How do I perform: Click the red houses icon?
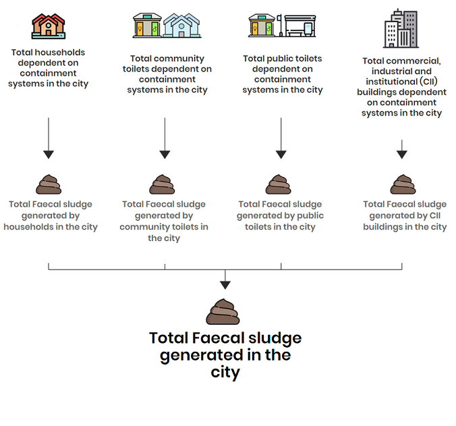(49, 26)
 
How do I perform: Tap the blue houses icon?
(181, 25)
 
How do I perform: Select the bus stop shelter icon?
(297, 26)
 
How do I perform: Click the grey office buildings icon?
(401, 28)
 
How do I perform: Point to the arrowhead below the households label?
(49, 155)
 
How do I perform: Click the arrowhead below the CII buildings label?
(402, 155)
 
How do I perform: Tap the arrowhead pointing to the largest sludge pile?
(225, 285)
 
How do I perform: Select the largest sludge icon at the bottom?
(223, 311)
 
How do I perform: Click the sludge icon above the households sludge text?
(49, 184)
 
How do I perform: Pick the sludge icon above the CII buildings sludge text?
(403, 184)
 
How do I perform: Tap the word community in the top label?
(179, 59)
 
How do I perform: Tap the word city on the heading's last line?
(225, 373)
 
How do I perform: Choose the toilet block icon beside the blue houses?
(148, 25)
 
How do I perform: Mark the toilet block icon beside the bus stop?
(262, 25)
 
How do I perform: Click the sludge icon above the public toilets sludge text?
(279, 184)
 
